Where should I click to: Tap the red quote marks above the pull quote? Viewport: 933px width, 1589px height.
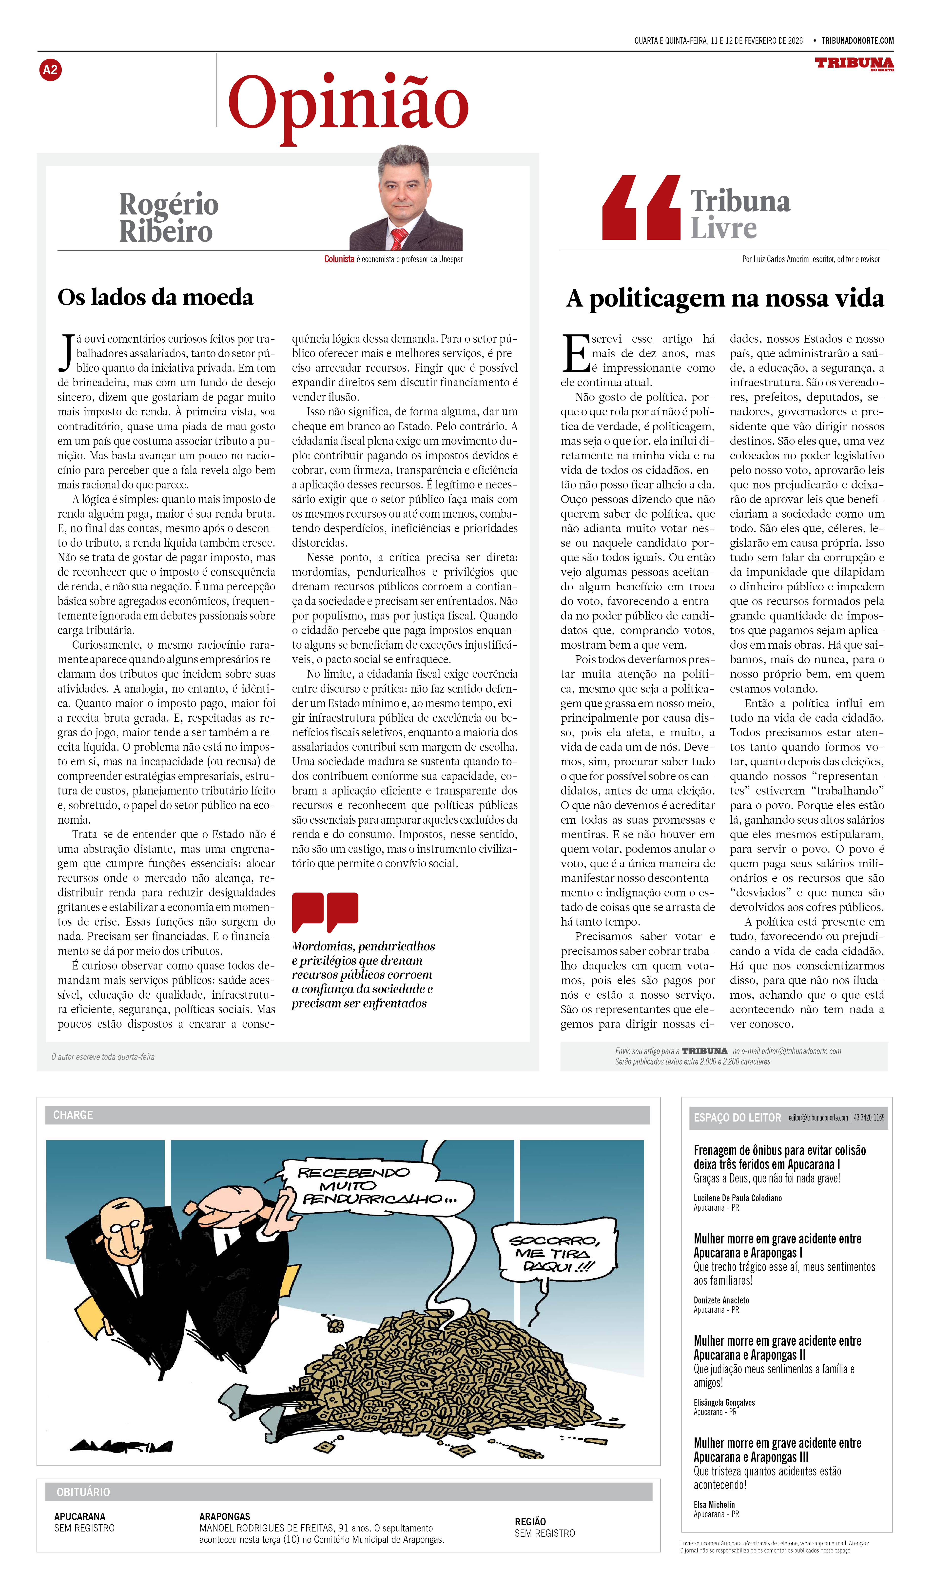tap(325, 911)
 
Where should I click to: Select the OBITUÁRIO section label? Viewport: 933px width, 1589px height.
tap(83, 1492)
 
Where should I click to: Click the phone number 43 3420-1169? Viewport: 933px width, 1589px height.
tap(869, 1117)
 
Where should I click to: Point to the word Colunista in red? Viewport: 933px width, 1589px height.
tap(339, 259)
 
